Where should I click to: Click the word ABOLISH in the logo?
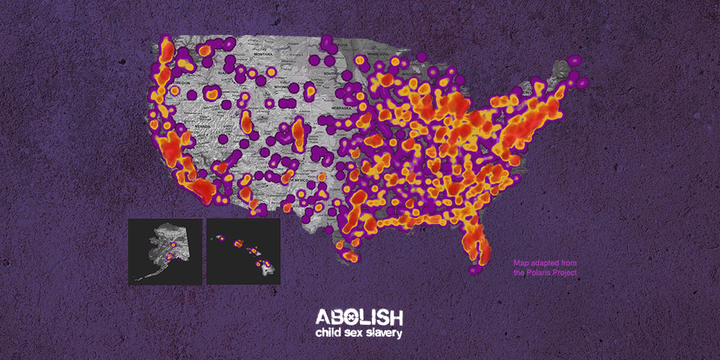(x=359, y=316)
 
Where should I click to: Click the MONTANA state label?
(x=264, y=54)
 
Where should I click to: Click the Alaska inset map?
(x=165, y=251)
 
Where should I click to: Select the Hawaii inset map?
(x=243, y=251)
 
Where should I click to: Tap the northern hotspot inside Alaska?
(x=172, y=244)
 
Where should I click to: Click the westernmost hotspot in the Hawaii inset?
(x=218, y=239)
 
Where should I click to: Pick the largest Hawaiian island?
(x=266, y=265)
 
